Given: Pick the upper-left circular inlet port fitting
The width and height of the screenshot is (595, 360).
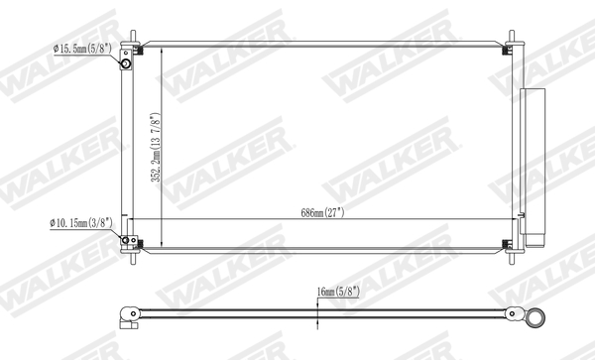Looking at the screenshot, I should click(127, 65).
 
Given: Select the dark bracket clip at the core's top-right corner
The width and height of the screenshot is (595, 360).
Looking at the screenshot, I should click(503, 51).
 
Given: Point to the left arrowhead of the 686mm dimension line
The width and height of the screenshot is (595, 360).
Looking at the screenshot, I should click(137, 218).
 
